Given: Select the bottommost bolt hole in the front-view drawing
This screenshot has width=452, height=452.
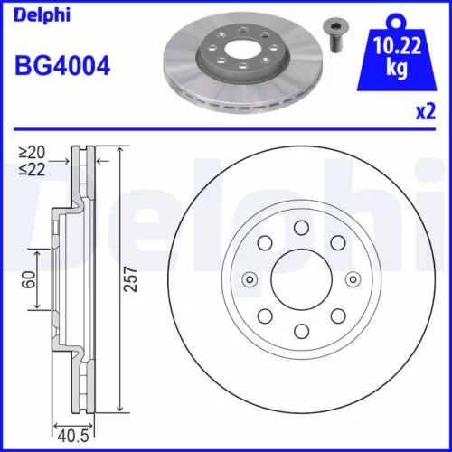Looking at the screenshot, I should (x=299, y=329).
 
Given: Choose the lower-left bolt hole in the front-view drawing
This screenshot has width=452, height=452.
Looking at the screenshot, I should (x=263, y=315).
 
